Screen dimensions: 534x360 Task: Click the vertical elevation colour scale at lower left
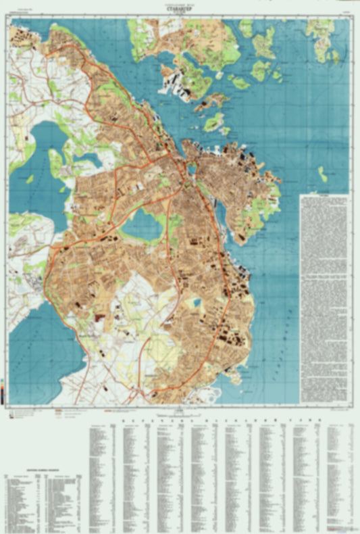tap(3, 391)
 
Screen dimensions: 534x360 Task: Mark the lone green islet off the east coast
tap(323, 174)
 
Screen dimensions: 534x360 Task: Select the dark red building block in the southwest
tap(101, 316)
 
